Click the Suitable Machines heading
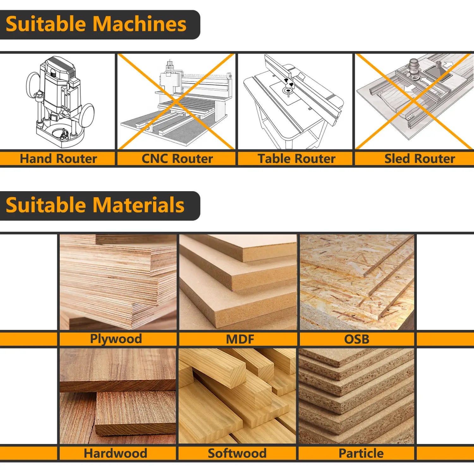click(96, 24)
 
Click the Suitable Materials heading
click(95, 205)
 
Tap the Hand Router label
click(58, 159)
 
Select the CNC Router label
click(177, 159)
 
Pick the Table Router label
click(296, 159)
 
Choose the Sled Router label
click(419, 159)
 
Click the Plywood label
click(116, 339)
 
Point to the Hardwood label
click(115, 453)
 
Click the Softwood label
click(237, 453)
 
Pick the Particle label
click(361, 453)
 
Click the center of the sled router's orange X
click(413, 101)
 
